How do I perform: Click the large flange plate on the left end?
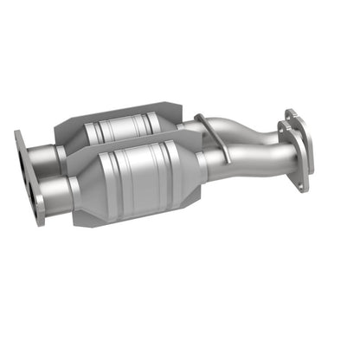pyautogui.click(x=29, y=177)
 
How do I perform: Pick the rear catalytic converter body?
pyautogui.click(x=130, y=130)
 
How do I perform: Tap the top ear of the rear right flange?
pyautogui.click(x=290, y=112)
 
